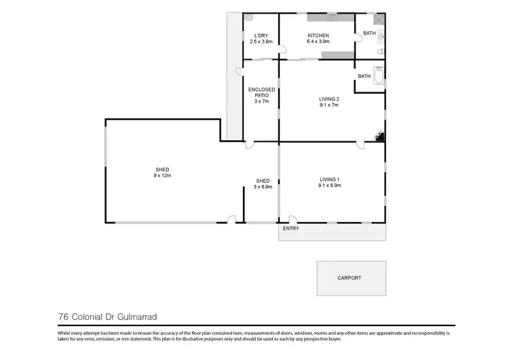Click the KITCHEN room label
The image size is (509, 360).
tap(318, 35)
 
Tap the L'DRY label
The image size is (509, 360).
tap(261, 35)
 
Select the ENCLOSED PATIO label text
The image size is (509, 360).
tap(261, 92)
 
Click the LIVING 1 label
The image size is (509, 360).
tap(329, 179)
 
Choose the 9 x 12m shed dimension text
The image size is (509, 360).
tap(162, 175)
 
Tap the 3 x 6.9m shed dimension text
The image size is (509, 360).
tap(263, 187)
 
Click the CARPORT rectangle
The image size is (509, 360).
tap(350, 278)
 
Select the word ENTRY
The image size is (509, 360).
tap(290, 228)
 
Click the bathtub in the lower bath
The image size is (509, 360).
tap(379, 75)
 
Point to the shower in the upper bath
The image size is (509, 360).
tap(379, 19)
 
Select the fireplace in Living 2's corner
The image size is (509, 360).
tap(380, 137)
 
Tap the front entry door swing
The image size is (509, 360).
tap(293, 219)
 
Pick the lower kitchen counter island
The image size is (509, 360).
tap(337, 54)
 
